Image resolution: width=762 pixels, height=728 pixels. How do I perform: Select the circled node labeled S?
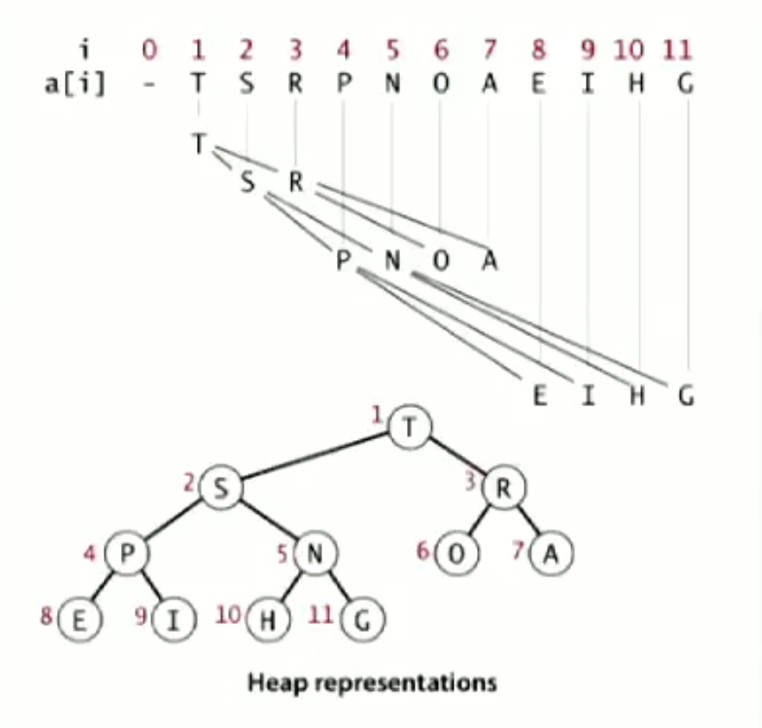coord(220,489)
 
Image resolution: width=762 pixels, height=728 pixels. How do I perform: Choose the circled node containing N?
coord(314,554)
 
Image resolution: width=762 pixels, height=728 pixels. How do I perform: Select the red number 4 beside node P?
coord(90,548)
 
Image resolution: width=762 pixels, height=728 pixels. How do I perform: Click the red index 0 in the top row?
coord(149,51)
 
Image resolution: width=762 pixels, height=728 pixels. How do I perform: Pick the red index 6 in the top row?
coord(441,51)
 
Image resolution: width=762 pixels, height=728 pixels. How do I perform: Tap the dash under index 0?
coord(149,86)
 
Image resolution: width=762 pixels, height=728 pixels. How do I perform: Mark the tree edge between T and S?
coord(315,457)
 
